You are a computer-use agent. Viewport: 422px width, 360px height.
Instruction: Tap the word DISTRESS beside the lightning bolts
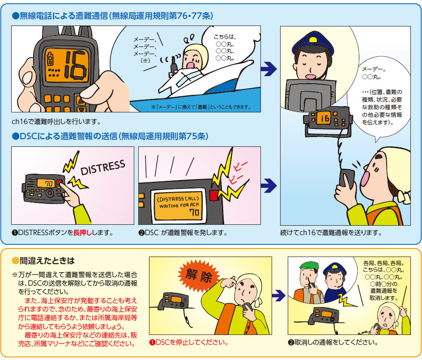tap(103, 167)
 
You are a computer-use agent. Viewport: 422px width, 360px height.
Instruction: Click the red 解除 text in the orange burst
tap(199, 275)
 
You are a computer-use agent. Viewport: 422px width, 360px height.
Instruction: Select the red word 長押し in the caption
tap(83, 232)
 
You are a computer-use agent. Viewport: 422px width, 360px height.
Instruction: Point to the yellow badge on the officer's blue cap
tap(313, 40)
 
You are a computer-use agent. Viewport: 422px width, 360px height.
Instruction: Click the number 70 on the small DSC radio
tap(49, 184)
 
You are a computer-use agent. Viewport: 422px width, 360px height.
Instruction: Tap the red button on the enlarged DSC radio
tap(214, 195)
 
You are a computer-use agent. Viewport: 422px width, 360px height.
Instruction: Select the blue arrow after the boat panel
tap(269, 69)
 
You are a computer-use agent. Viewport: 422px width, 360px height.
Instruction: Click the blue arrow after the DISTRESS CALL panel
tap(269, 185)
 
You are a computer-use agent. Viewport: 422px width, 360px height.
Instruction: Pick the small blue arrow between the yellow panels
tap(278, 296)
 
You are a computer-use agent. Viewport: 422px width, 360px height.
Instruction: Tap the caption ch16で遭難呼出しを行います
tap(56, 122)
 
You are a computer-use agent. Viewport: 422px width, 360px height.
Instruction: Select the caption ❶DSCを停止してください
tap(189, 343)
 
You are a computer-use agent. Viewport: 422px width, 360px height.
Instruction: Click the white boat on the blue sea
tap(205, 80)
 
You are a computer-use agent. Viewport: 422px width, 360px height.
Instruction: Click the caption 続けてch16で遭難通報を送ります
tap(331, 233)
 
